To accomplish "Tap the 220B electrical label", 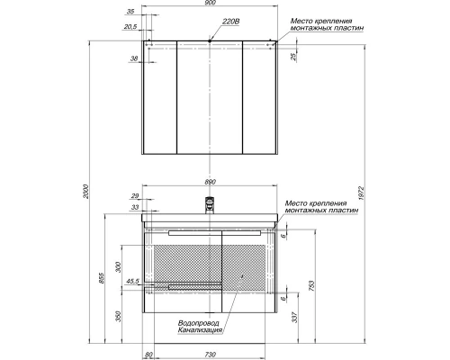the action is (230, 22).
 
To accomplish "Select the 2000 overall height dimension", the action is (86, 191).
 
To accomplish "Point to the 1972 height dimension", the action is (361, 193).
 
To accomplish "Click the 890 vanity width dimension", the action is (211, 182).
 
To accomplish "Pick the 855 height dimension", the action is (101, 278).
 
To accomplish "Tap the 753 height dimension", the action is (311, 286).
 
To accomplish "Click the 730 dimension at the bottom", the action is (211, 355).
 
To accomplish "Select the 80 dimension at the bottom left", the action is (148, 355).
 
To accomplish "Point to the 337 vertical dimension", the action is (295, 318).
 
